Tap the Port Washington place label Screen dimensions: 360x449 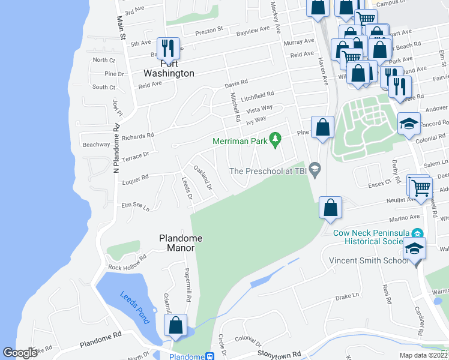(x=169, y=68)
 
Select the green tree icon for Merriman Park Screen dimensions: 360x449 (x=276, y=140)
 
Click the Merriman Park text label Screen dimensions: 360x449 (x=240, y=142)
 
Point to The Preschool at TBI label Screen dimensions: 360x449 (x=268, y=171)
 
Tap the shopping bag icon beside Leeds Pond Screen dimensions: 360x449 (x=175, y=326)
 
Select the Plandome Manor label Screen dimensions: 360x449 (x=180, y=244)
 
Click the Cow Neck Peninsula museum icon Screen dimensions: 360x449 (x=418, y=233)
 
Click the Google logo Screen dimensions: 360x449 (x=20, y=353)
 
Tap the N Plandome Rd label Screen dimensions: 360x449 (x=117, y=142)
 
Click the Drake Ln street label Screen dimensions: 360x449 (x=346, y=296)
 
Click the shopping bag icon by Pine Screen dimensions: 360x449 (x=322, y=127)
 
